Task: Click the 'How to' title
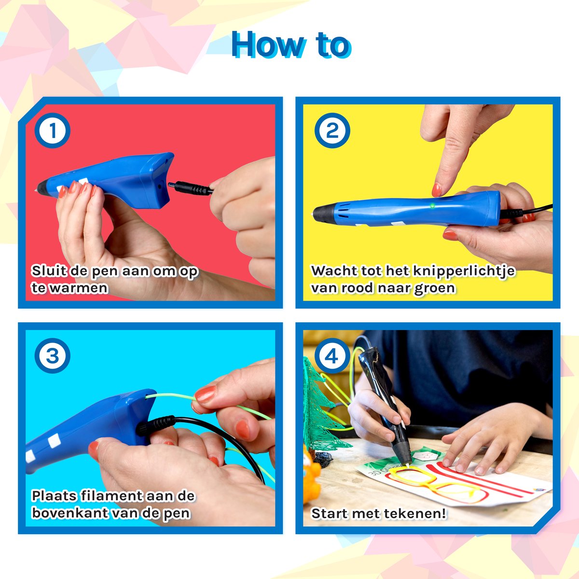click(291, 45)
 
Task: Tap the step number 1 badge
click(53, 130)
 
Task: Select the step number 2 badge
click(332, 130)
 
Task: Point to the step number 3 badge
click(53, 356)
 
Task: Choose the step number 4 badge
click(332, 356)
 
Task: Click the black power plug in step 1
click(190, 188)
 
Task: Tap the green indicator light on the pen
click(432, 206)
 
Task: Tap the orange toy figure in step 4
click(311, 475)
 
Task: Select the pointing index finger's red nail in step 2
click(436, 190)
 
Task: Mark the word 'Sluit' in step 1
click(49, 271)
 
